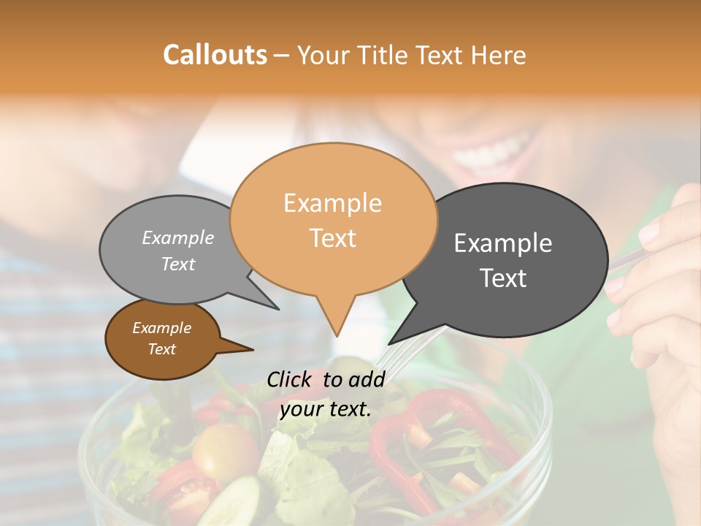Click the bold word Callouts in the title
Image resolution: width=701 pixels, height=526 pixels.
coord(215,55)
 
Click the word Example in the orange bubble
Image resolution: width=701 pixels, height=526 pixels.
coord(332,203)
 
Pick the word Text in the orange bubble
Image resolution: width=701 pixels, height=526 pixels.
coord(332,237)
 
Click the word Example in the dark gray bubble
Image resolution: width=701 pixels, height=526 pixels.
coord(503,243)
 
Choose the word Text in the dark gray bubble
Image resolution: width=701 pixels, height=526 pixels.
coord(503,278)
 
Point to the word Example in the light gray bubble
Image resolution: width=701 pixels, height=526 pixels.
coord(178,237)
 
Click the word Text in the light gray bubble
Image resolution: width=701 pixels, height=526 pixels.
coord(178,264)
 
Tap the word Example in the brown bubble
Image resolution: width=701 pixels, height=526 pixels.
coord(161,328)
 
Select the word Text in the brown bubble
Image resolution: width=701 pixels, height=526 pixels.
coord(161,349)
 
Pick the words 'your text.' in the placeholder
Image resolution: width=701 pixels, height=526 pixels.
coord(326,409)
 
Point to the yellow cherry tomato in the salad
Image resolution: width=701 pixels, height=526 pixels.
coord(218,450)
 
